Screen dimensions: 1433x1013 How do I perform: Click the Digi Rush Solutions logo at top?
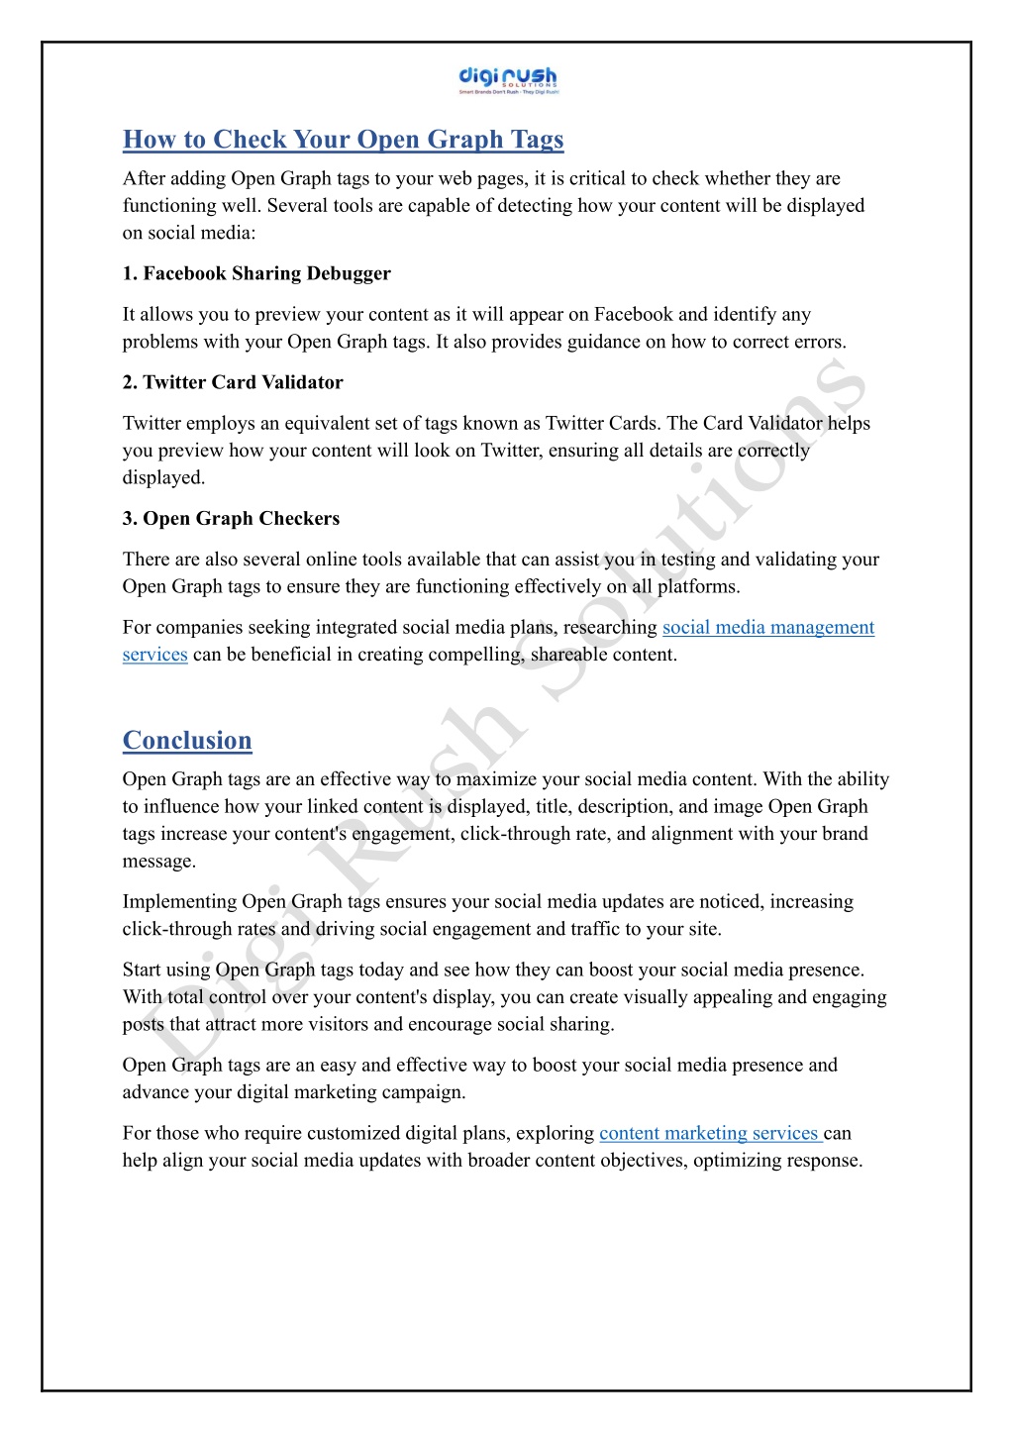click(x=508, y=80)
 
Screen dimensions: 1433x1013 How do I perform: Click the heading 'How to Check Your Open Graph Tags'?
click(x=343, y=140)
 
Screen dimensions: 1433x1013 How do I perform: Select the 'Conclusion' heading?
click(x=187, y=741)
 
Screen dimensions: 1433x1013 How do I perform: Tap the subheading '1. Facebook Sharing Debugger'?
click(x=256, y=273)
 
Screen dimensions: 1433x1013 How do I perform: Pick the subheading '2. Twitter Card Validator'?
click(x=233, y=382)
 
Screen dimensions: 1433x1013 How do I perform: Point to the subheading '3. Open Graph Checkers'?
click(x=231, y=518)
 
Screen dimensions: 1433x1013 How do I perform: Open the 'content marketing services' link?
click(x=709, y=1133)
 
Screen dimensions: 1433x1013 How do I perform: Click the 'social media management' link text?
click(x=767, y=627)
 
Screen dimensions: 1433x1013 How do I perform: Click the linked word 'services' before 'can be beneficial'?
click(x=154, y=655)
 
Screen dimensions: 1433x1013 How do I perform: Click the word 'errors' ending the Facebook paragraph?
click(x=817, y=342)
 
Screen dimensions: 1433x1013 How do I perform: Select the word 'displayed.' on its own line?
click(x=163, y=477)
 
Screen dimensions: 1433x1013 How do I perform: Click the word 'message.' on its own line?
click(x=159, y=861)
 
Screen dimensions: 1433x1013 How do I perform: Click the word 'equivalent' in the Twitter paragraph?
click(x=331, y=423)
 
